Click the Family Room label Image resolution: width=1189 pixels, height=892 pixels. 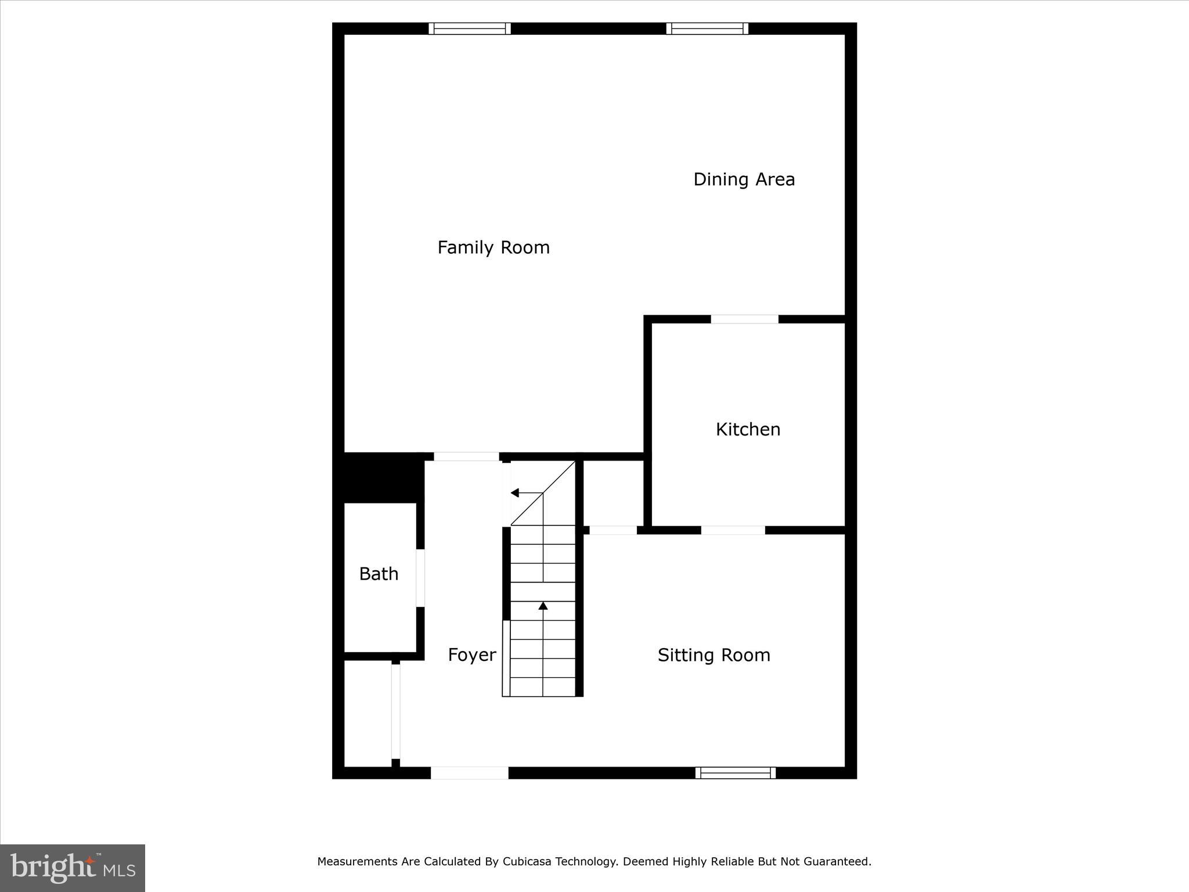tap(493, 248)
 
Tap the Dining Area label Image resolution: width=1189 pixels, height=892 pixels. tap(744, 179)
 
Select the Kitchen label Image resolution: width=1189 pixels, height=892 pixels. tap(748, 430)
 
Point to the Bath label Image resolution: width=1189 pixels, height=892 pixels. tap(379, 574)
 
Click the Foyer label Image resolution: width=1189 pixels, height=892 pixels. tap(471, 656)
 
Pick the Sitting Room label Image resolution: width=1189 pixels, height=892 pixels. tap(714, 656)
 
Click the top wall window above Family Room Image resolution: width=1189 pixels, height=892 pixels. tap(470, 28)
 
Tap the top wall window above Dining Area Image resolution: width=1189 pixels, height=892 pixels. tap(707, 28)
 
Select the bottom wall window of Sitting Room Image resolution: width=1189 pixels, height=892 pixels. tap(736, 773)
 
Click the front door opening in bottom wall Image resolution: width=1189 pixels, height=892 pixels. tap(469, 773)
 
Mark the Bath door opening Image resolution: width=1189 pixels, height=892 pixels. tap(420, 578)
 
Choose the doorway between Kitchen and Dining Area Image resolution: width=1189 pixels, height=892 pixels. tap(744, 319)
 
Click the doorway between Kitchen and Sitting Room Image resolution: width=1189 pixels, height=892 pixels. tap(733, 530)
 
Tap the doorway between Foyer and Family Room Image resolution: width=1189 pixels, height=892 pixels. tap(466, 456)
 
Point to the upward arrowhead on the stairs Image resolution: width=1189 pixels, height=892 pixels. tap(543, 606)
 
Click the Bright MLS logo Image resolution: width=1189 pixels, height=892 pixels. tap(73, 868)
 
